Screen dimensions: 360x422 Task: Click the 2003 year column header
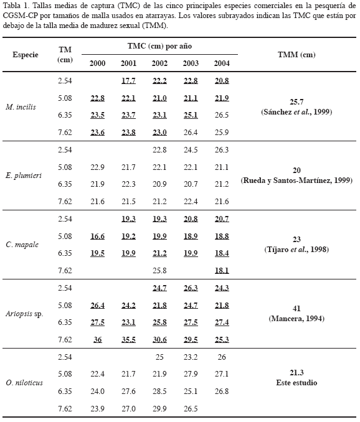tap(191, 63)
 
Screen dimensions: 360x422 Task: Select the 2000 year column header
tap(97, 63)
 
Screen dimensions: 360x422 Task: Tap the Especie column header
tap(26, 55)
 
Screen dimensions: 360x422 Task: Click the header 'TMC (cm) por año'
tap(159, 46)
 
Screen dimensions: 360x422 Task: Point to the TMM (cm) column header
tap(296, 55)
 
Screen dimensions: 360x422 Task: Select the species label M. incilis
tap(21, 107)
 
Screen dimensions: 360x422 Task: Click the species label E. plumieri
tap(24, 176)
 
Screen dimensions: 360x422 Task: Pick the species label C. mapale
tap(22, 245)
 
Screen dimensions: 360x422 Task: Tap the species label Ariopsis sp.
tap(24, 314)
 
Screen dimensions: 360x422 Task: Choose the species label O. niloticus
tap(24, 383)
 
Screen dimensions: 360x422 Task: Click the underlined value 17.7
tap(128, 81)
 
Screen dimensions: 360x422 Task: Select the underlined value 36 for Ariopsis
tap(97, 340)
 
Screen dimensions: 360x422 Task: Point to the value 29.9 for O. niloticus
tap(159, 408)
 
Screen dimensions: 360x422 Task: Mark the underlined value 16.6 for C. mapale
tap(97, 237)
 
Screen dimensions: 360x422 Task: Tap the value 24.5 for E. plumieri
tap(191, 149)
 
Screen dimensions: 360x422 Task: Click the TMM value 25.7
tap(296, 102)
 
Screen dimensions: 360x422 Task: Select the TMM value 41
tap(296, 309)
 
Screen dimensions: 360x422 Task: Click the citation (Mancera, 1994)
tap(296, 319)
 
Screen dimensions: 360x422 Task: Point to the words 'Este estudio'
tap(296, 383)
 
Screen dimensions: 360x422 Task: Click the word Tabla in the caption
tap(11, 6)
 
